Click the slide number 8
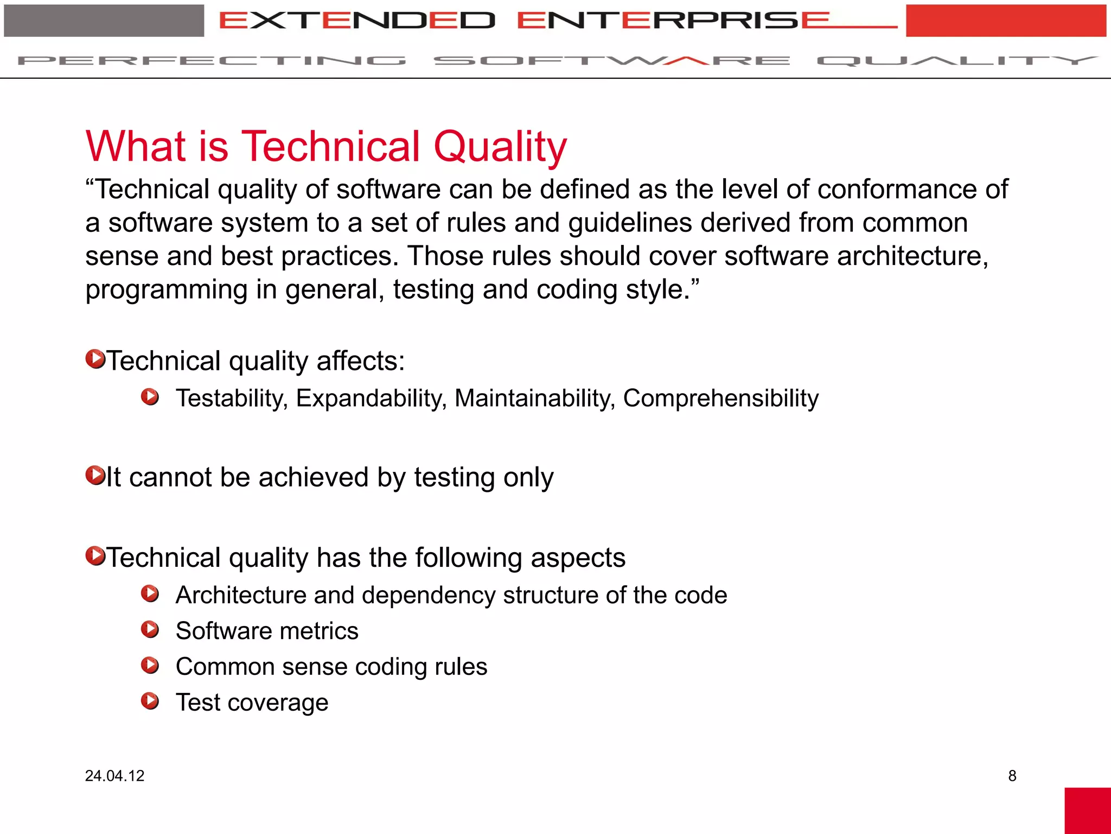[x=1012, y=775]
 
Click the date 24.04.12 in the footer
[x=114, y=775]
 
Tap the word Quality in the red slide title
[x=500, y=147]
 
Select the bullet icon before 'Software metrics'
[x=150, y=630]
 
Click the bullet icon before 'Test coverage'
[x=150, y=701]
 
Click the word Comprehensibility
[x=720, y=398]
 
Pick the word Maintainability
[x=534, y=398]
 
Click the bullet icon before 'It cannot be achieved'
[x=95, y=475]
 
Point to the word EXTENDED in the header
[x=357, y=21]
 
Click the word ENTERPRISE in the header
[x=673, y=21]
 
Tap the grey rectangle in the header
[x=104, y=21]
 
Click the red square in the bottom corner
[x=1087, y=811]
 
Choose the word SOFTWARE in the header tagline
[x=611, y=60]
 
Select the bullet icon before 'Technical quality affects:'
[x=95, y=359]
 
